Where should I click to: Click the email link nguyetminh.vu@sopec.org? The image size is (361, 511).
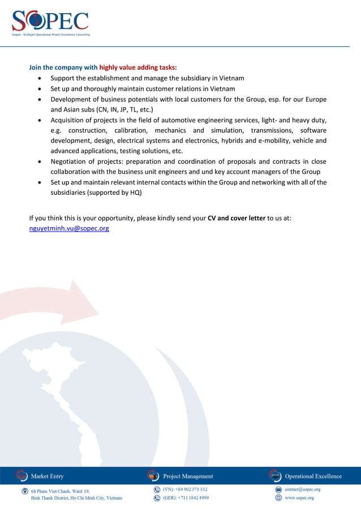69,228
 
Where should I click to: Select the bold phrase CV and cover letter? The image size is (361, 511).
237,218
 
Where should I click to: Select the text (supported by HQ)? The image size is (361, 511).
96,193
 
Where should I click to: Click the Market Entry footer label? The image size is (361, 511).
48,476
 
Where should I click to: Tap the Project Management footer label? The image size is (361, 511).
188,476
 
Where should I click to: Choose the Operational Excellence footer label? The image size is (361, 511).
313,476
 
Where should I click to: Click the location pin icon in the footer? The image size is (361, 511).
25,491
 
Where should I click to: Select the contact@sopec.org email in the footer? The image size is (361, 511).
303,489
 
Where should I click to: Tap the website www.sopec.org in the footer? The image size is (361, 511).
299,498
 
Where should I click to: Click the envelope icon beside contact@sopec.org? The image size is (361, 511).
278,489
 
